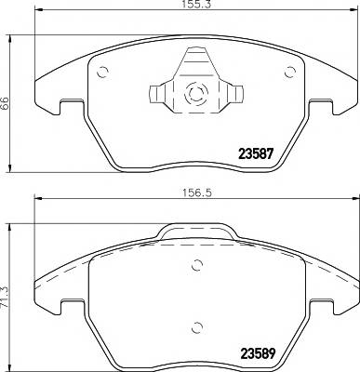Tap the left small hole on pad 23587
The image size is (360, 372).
[x=104, y=75]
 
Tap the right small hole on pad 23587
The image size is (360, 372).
[x=284, y=75]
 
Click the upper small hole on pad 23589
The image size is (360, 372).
[x=197, y=265]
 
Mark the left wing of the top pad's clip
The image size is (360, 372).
[x=156, y=94]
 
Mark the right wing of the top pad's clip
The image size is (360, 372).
[x=236, y=94]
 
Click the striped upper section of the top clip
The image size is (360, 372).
[x=196, y=61]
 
